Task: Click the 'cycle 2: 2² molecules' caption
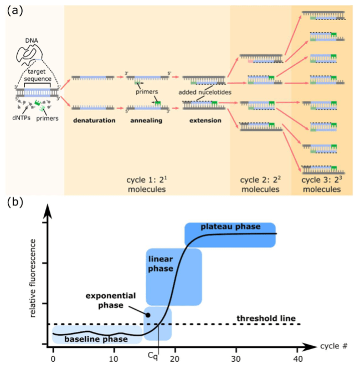coord(260,184)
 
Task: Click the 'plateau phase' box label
coord(229,228)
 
